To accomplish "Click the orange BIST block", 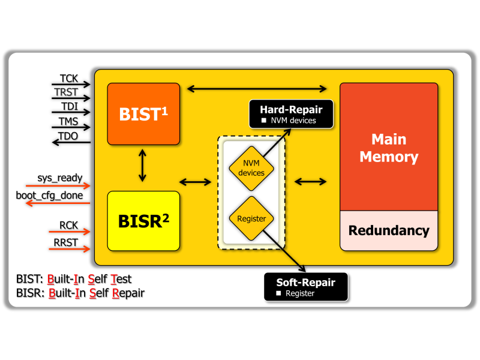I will (143, 114).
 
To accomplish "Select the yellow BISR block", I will (143, 221).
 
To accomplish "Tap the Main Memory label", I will (389, 148).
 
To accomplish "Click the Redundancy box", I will (389, 230).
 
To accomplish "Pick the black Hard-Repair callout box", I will (290, 115).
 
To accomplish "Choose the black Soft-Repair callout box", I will (305, 287).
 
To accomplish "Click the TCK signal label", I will (68, 79).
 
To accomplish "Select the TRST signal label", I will (67, 93).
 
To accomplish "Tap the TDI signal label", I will (68, 107).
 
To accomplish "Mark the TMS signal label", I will (68, 122).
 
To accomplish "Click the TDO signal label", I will (68, 136).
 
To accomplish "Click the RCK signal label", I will (69, 226).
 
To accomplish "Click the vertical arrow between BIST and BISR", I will (142, 166).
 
